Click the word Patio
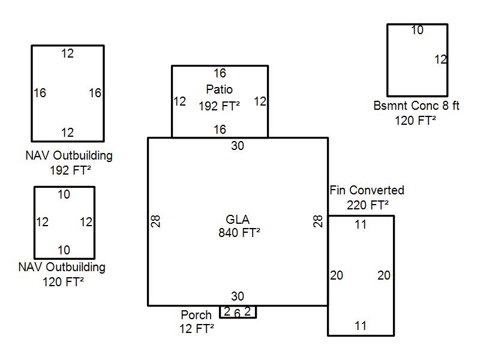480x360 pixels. click(x=220, y=90)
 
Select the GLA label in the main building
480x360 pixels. click(x=238, y=219)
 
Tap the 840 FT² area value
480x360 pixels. click(x=239, y=233)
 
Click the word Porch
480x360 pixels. click(x=196, y=315)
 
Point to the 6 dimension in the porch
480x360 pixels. click(x=237, y=313)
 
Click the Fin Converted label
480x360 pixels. click(x=367, y=190)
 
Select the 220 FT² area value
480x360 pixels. click(x=367, y=205)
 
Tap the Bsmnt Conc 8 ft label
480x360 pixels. click(x=416, y=106)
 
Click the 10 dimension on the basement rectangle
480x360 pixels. click(x=417, y=30)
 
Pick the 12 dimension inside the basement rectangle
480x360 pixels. click(x=440, y=59)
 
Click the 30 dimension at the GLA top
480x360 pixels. click(x=238, y=146)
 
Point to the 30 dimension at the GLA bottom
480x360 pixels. click(x=238, y=296)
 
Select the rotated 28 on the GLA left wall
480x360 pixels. click(x=156, y=221)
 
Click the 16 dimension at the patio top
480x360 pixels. click(x=220, y=73)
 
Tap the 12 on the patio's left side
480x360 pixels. click(x=179, y=101)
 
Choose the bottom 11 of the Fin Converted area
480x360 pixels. click(x=360, y=326)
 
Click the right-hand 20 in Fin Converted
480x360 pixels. click(x=384, y=275)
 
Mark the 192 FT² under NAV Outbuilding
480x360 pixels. click(x=71, y=170)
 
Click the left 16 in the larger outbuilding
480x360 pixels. click(x=40, y=93)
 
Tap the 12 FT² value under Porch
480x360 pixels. click(x=197, y=329)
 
